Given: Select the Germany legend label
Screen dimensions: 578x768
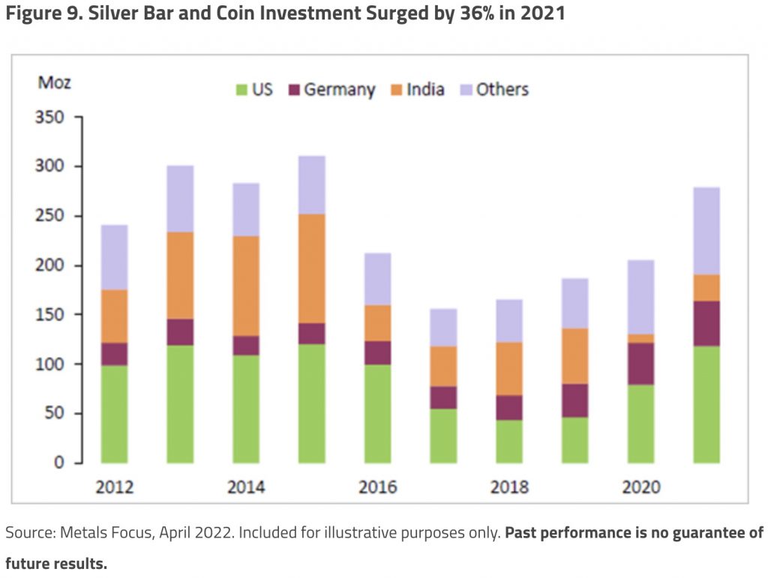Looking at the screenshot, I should [x=339, y=90].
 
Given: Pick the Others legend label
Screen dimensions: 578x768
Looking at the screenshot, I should [x=502, y=90].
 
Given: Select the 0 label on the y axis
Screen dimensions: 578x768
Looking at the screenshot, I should [x=58, y=463].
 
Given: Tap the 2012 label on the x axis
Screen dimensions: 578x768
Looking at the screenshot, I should [x=114, y=487].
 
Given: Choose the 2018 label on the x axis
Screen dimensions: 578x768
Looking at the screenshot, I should [x=509, y=487].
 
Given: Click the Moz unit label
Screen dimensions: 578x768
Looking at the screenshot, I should [x=54, y=82].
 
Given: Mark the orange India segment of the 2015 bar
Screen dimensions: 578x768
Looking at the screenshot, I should [x=311, y=268].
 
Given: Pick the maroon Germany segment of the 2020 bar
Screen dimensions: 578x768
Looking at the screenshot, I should [x=640, y=364].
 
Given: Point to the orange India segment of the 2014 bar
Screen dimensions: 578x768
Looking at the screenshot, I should [x=246, y=286].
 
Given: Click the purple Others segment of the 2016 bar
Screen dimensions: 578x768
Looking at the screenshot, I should [x=377, y=279].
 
